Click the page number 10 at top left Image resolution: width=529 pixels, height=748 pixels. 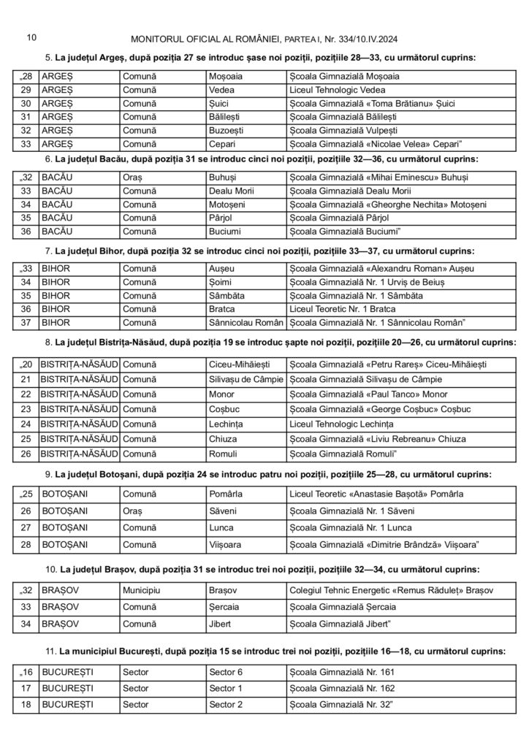(31, 37)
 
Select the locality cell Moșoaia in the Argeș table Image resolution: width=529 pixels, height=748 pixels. (226, 75)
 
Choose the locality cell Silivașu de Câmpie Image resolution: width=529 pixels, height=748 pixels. (246, 379)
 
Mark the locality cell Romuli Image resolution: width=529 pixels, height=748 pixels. (222, 454)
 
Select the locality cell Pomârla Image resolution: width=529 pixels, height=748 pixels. (225, 496)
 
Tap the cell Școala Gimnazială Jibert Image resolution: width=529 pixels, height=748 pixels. (340, 625)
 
